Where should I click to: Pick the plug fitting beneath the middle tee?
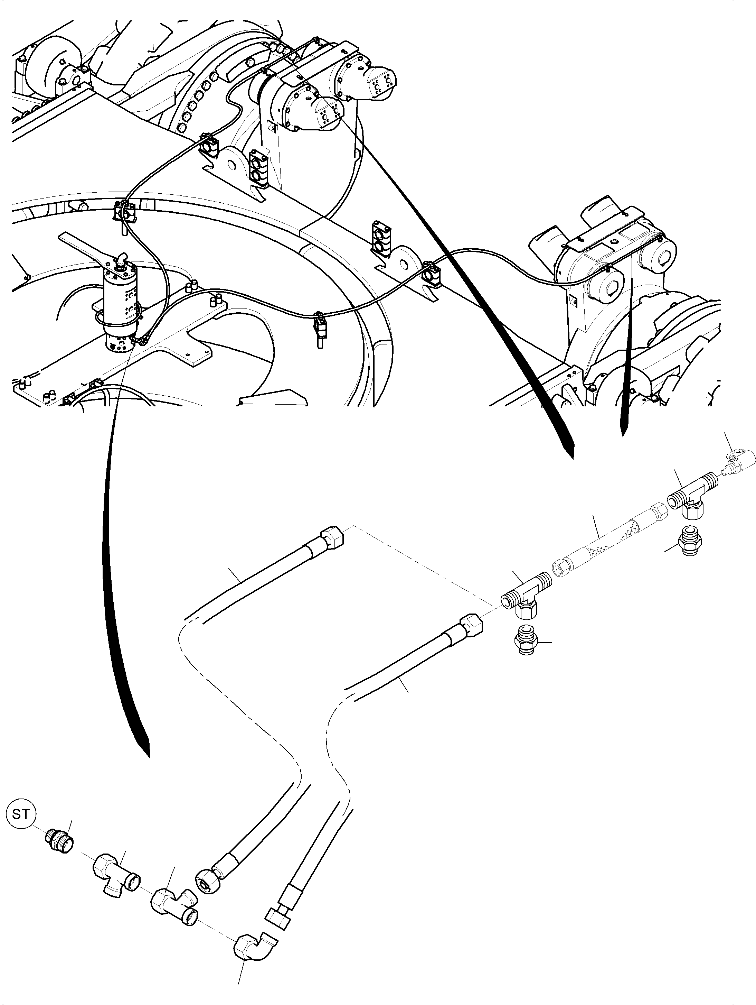pyautogui.click(x=526, y=642)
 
